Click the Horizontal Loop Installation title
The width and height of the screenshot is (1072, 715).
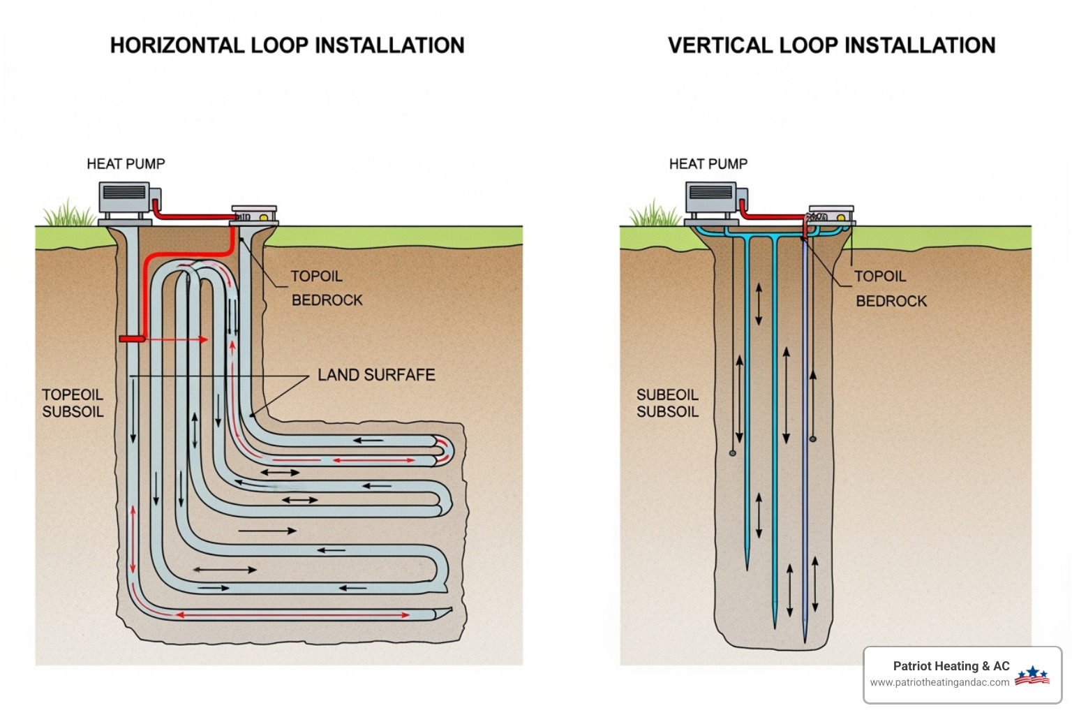click(x=287, y=45)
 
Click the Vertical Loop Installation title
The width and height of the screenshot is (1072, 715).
click(x=831, y=45)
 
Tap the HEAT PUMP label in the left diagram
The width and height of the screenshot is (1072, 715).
click(x=126, y=164)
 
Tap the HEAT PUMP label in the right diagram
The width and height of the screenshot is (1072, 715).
click(x=708, y=164)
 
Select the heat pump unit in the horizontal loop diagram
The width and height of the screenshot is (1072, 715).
click(x=126, y=200)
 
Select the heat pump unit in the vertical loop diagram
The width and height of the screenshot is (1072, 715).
click(x=713, y=200)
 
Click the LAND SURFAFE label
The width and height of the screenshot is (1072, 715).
click(x=376, y=376)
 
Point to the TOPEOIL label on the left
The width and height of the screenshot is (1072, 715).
click(x=72, y=395)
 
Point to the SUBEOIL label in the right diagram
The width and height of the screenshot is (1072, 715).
click(x=667, y=395)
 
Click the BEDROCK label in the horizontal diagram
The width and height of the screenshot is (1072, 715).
click(x=327, y=300)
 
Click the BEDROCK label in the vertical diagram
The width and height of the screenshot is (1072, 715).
click(x=891, y=302)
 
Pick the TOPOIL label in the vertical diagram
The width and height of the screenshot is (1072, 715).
click(x=880, y=277)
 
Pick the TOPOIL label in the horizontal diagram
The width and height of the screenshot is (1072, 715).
click(x=316, y=277)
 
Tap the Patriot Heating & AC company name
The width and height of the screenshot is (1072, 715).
click(x=951, y=666)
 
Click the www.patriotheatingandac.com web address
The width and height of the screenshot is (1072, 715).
click(x=939, y=683)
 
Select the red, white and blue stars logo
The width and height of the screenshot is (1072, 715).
click(x=1032, y=675)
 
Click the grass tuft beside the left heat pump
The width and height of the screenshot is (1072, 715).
click(x=69, y=214)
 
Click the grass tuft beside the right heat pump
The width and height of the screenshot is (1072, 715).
click(x=655, y=214)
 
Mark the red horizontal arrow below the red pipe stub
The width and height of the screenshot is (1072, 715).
click(x=178, y=340)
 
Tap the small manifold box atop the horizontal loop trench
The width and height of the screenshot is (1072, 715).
click(x=255, y=214)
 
